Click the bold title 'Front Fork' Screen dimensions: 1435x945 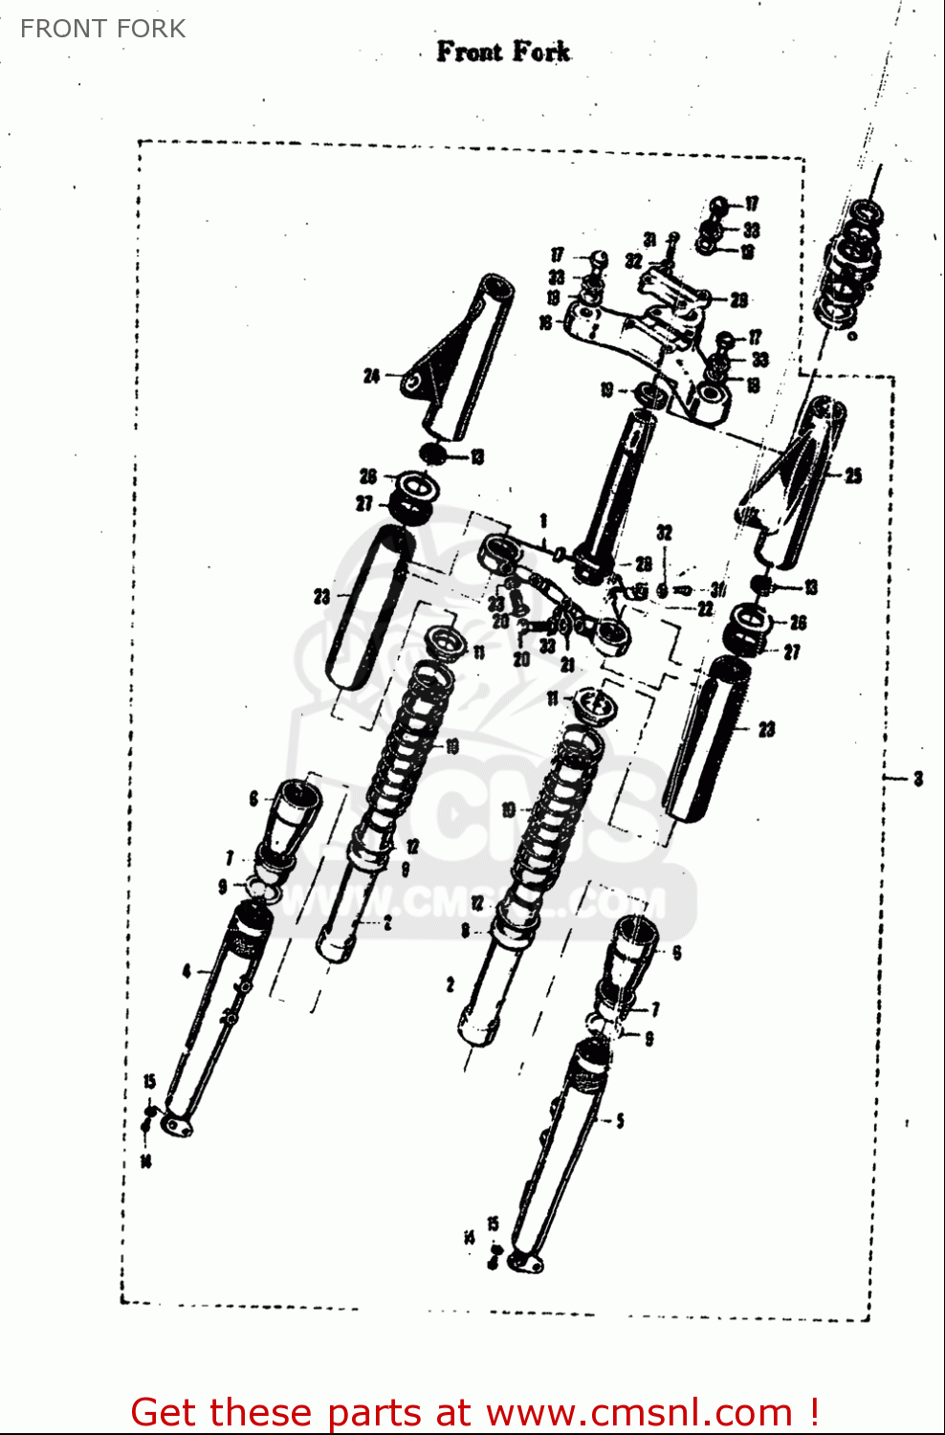point(503,52)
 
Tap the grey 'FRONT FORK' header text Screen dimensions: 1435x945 point(102,29)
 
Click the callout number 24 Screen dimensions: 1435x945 point(371,377)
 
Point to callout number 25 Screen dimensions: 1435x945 point(852,475)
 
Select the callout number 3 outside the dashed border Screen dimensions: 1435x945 point(918,779)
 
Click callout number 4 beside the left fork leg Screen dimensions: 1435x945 point(187,972)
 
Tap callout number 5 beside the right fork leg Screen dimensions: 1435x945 point(620,1120)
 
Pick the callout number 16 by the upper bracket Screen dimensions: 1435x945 point(545,323)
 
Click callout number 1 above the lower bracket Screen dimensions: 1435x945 point(543,521)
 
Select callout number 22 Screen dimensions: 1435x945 point(705,608)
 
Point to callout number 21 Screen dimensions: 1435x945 point(567,664)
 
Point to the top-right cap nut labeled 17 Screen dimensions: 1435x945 point(720,205)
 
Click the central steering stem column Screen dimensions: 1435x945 point(617,488)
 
